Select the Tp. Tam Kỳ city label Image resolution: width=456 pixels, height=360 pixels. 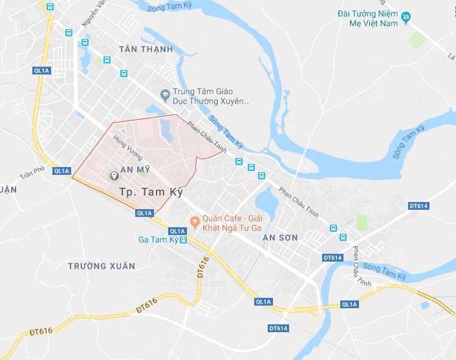[x=152, y=192]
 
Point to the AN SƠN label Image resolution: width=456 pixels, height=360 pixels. [x=280, y=238]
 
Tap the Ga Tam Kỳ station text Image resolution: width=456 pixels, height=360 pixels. [x=158, y=240]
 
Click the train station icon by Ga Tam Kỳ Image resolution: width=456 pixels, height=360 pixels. [x=183, y=240]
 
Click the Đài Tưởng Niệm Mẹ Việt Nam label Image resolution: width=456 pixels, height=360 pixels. [x=367, y=18]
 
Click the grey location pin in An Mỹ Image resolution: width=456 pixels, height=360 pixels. [x=114, y=175]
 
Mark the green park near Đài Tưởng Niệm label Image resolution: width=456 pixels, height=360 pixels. [x=417, y=40]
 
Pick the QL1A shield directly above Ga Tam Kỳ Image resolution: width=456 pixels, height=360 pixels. [x=177, y=231]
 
